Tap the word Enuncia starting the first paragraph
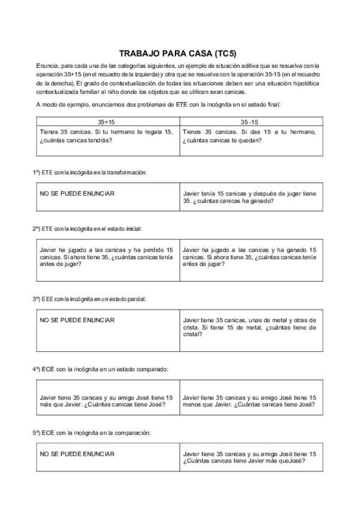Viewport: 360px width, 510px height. [x=47, y=65]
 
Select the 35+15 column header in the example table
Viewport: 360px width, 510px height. [x=107, y=121]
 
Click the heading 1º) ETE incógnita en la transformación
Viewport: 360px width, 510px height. [x=90, y=172]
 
